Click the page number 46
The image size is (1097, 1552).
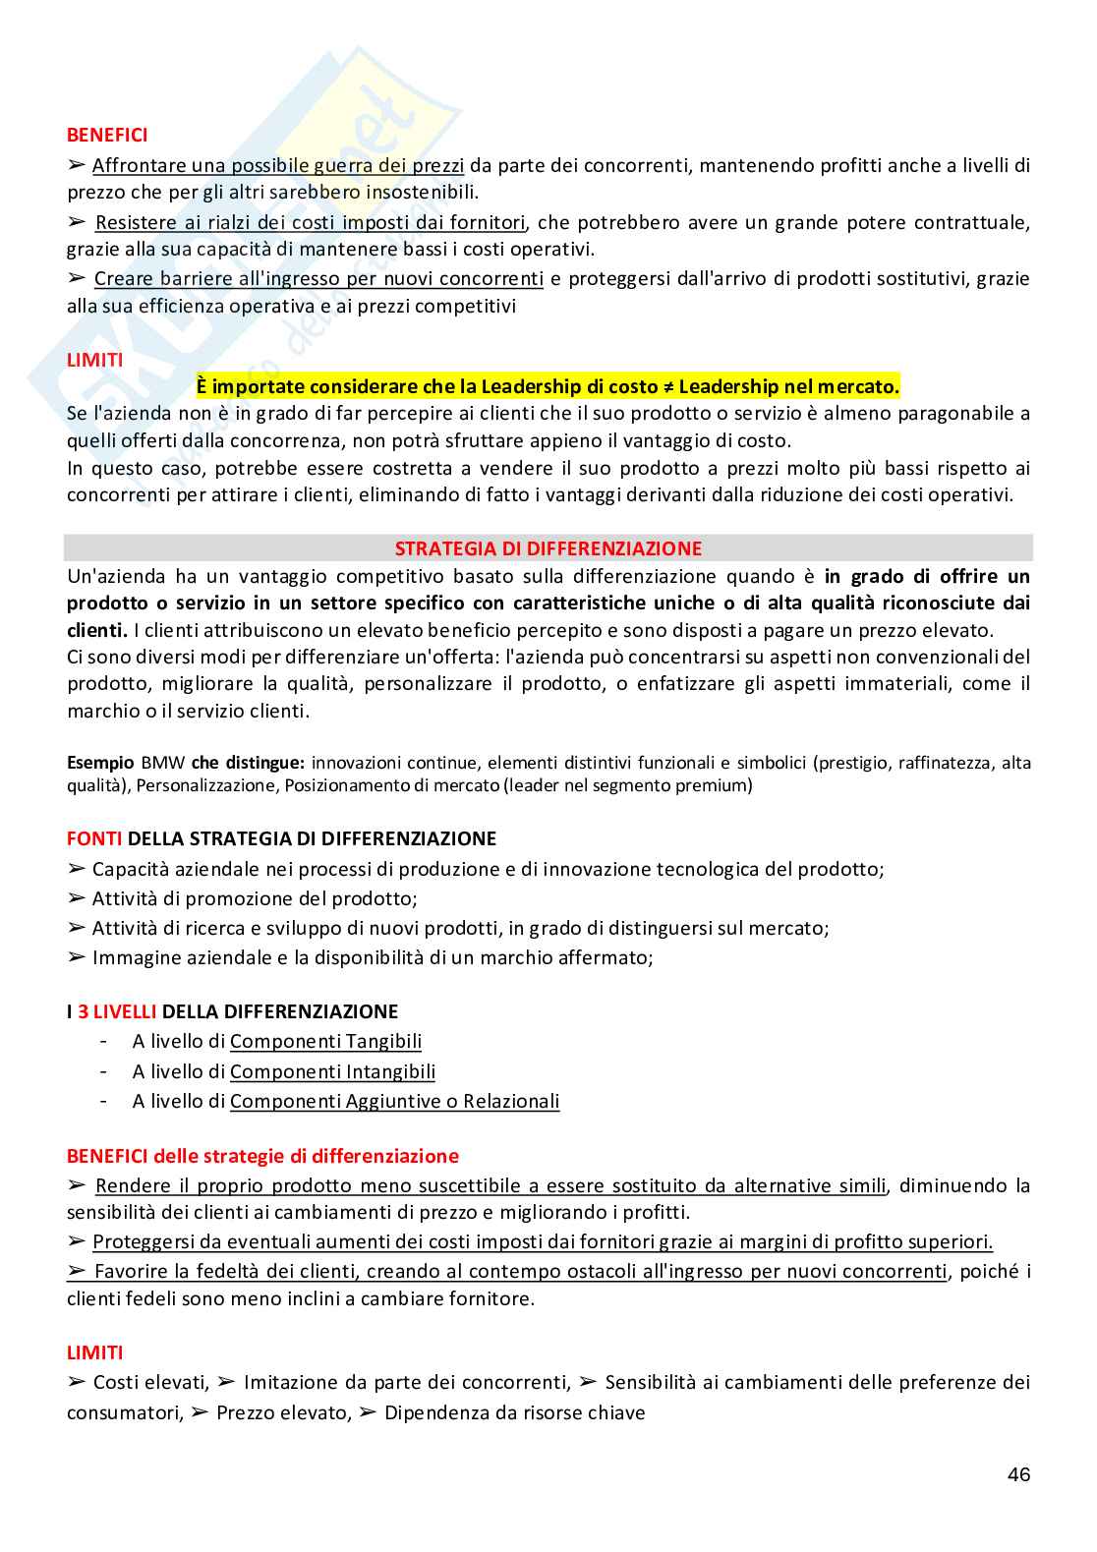[x=1018, y=1474]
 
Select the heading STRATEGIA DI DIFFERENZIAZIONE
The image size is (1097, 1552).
[x=548, y=548]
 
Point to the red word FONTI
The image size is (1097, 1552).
[x=94, y=838]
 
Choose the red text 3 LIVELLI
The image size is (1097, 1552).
[x=117, y=1010]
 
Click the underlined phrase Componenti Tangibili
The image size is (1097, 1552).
[x=325, y=1041]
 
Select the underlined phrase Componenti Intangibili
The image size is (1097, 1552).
[x=332, y=1071]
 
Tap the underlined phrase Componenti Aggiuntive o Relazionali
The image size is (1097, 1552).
[x=394, y=1101]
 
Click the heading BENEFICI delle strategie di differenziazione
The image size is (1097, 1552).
[x=262, y=1156]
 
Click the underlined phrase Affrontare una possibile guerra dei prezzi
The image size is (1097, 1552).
[x=278, y=165]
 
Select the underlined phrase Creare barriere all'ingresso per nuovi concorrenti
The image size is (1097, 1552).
[x=318, y=278]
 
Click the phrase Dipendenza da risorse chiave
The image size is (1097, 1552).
[x=514, y=1412]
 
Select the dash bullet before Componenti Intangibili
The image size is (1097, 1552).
[x=104, y=1071]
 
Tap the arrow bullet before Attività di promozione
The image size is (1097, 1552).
[x=78, y=898]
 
